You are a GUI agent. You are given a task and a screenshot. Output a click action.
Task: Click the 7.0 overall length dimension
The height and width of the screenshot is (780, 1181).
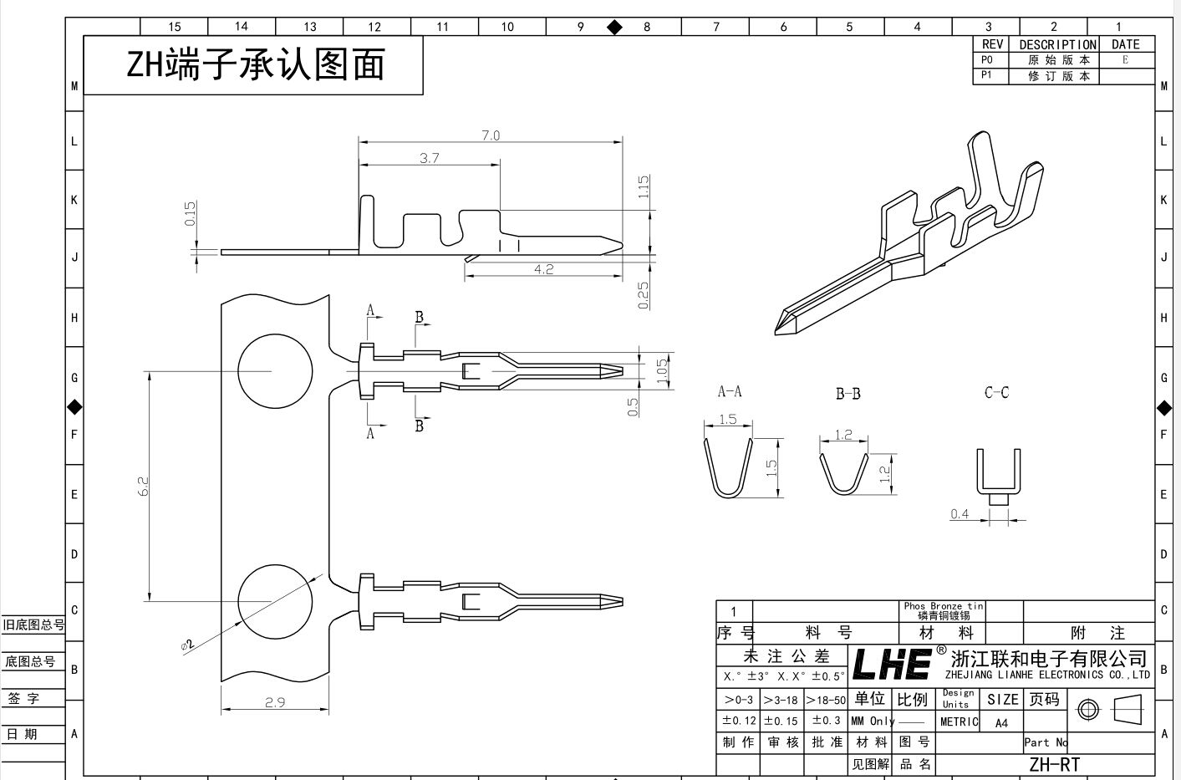point(490,135)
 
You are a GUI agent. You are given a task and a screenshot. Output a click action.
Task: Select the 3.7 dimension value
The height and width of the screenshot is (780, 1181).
point(429,157)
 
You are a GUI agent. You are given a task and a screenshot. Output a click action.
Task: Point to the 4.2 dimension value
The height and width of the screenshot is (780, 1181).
point(543,269)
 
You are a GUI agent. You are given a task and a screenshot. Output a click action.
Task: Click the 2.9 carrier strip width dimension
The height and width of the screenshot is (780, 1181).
point(275,702)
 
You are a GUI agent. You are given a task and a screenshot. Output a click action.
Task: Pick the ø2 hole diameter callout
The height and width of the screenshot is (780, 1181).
point(187,644)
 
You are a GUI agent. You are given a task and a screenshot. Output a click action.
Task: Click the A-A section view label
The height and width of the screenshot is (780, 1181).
point(730,391)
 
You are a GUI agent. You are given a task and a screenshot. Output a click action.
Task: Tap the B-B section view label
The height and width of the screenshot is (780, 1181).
point(848,393)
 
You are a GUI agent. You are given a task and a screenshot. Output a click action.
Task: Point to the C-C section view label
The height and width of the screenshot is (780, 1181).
point(996,392)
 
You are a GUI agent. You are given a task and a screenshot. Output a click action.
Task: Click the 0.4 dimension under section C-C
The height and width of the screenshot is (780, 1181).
point(960,514)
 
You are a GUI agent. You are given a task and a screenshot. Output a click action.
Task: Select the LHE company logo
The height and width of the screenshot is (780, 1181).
point(892,664)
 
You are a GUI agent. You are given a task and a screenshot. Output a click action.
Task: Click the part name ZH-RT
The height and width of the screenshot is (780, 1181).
point(1054,764)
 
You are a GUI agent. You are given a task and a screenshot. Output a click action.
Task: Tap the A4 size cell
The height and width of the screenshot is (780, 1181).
point(1001,723)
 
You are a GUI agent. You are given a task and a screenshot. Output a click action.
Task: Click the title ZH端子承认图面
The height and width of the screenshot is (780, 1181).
point(255,65)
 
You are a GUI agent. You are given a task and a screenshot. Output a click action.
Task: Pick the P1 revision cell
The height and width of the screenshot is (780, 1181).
point(987,75)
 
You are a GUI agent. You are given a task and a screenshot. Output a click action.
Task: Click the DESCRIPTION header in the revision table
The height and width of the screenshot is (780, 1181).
point(1057,44)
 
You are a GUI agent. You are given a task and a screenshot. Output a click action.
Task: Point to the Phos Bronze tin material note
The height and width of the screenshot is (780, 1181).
point(944,610)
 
